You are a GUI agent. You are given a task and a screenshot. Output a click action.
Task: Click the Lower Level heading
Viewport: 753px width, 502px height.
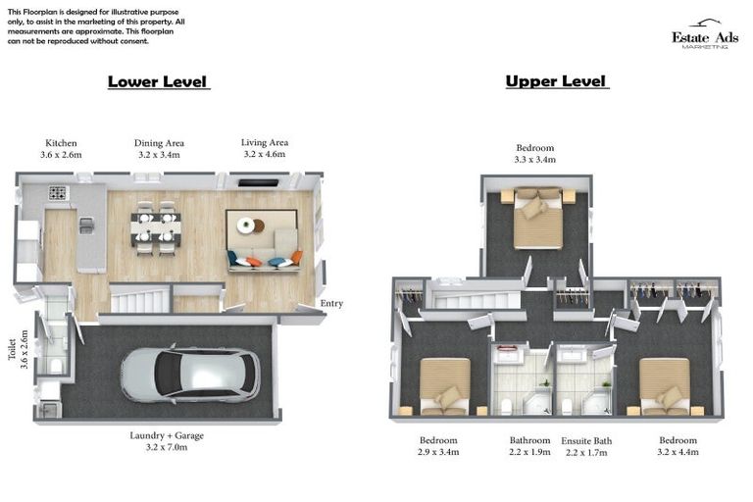[157, 81]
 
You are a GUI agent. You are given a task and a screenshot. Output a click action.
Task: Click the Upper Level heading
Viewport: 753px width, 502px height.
[556, 81]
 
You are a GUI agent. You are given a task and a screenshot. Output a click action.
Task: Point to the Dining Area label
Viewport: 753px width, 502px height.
[159, 149]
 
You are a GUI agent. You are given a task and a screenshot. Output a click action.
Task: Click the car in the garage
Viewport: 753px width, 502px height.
[190, 375]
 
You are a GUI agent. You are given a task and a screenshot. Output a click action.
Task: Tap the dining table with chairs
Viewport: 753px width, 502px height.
[155, 227]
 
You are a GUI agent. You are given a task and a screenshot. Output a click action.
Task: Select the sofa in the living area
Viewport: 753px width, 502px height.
[263, 240]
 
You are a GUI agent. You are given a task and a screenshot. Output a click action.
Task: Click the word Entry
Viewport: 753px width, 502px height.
[331, 304]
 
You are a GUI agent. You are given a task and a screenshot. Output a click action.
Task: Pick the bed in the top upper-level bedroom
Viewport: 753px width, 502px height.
[537, 217]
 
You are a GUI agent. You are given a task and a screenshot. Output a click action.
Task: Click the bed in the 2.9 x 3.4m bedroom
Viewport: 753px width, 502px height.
[444, 385]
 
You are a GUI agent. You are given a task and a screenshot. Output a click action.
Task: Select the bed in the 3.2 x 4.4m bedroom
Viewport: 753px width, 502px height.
[665, 385]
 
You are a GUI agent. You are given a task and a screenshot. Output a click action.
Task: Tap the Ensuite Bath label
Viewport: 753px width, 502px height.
[586, 446]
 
